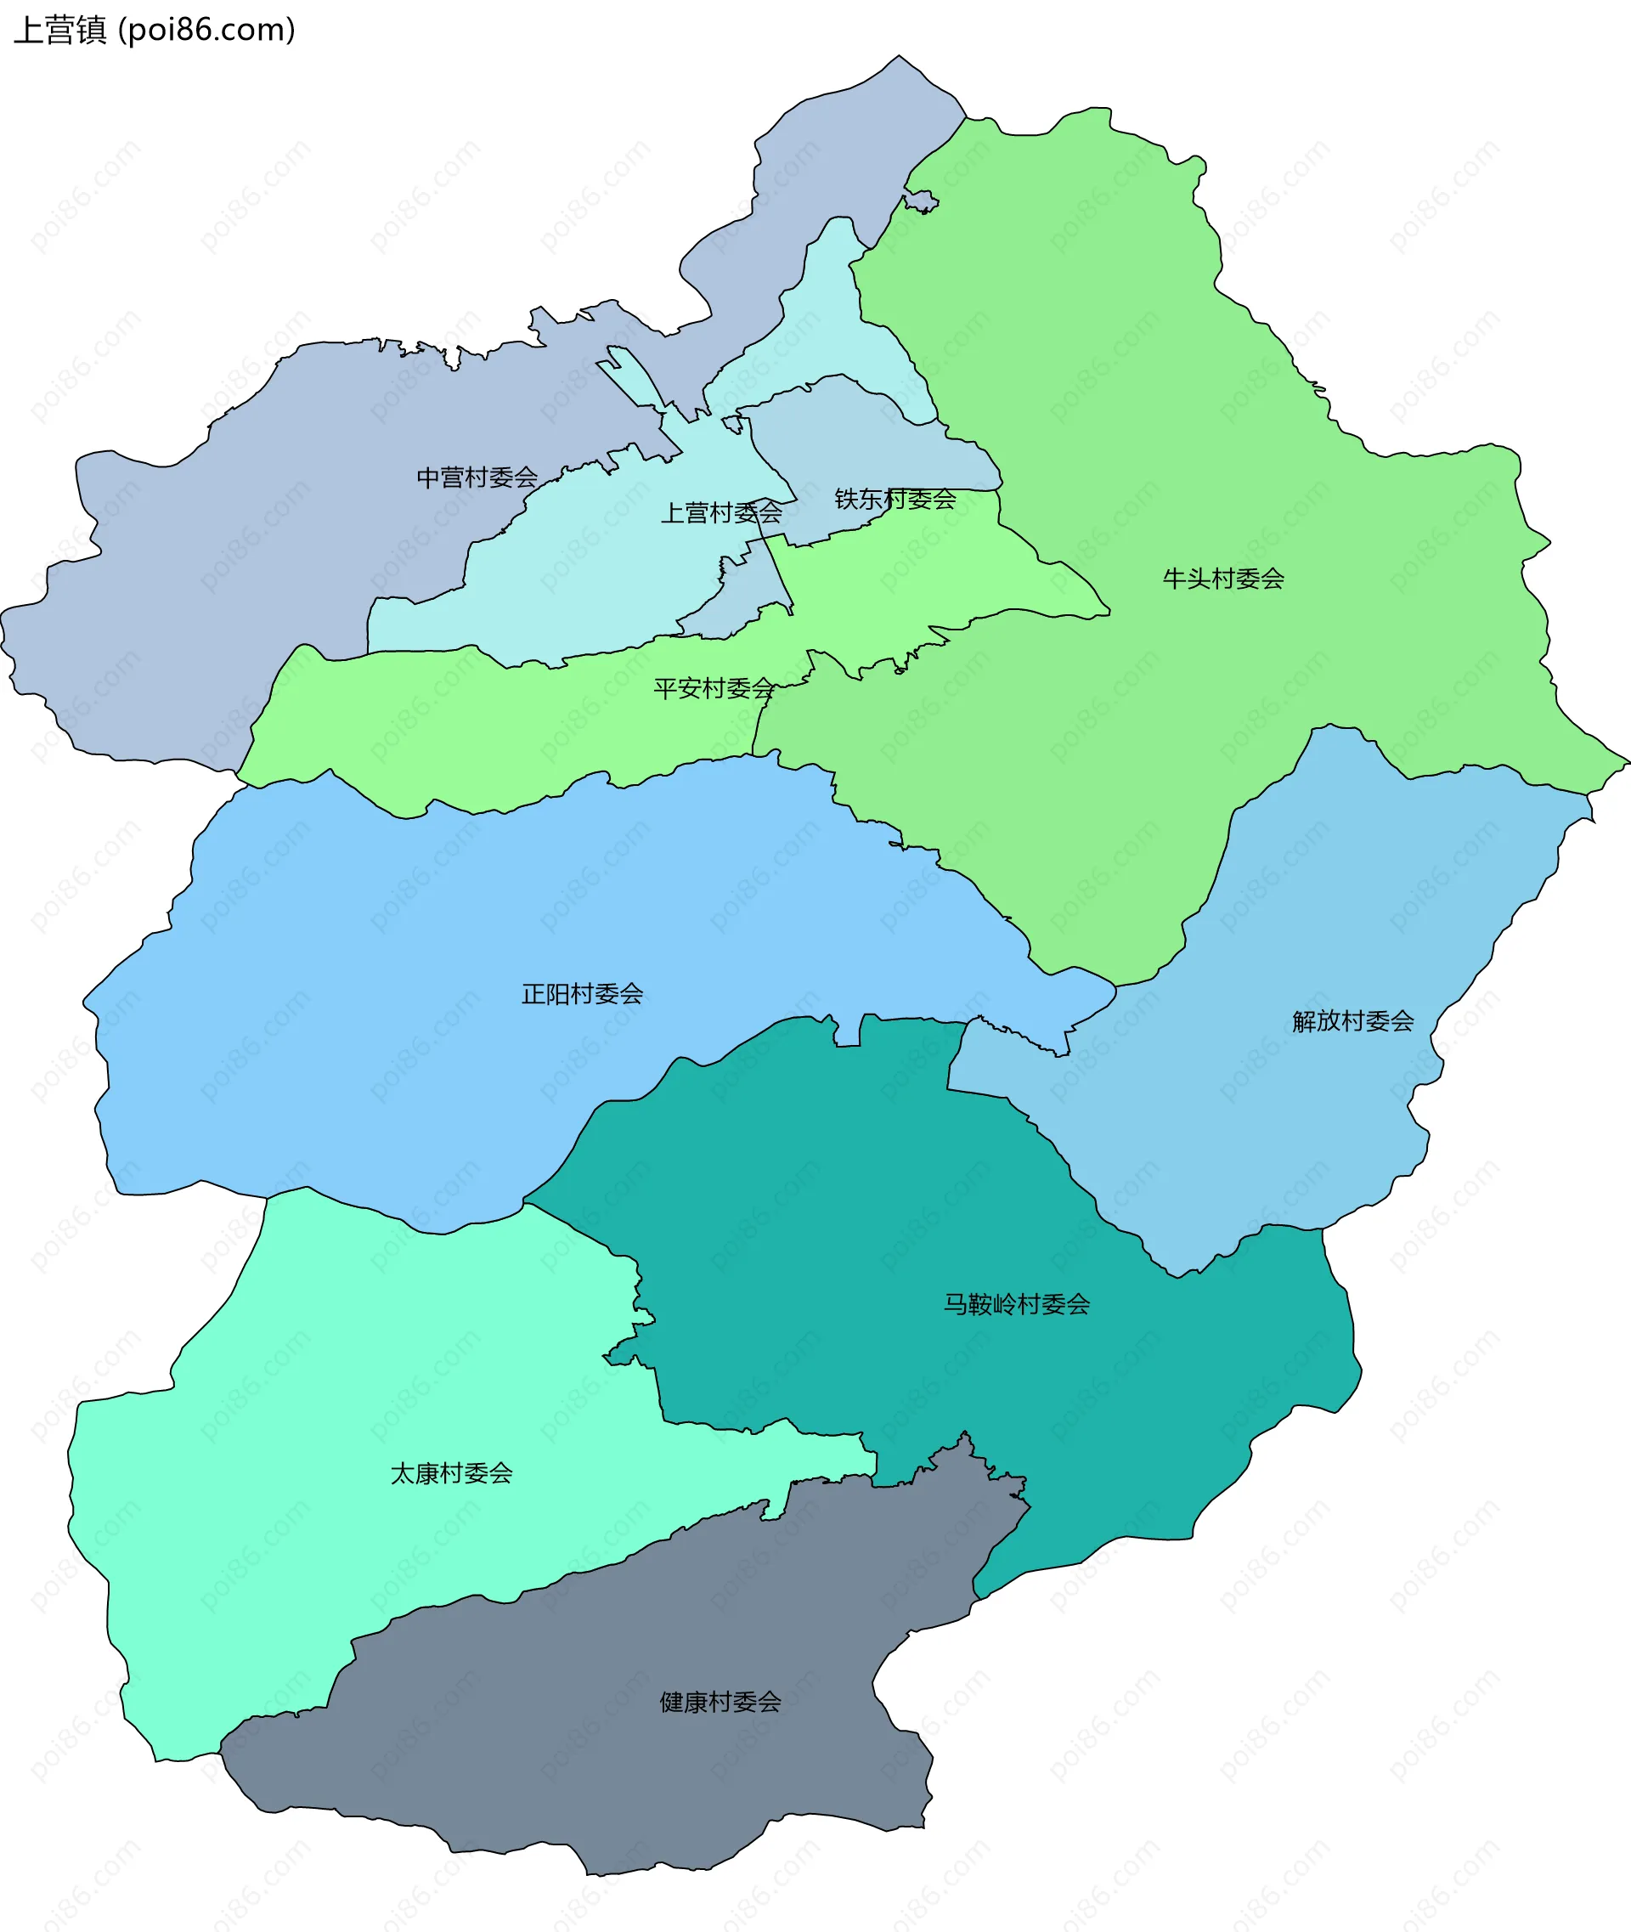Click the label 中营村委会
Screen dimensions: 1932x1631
click(x=477, y=477)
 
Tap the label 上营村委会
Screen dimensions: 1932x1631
click(x=720, y=512)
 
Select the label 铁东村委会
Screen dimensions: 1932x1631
click(x=895, y=499)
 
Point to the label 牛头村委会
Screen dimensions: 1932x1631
click(x=1222, y=578)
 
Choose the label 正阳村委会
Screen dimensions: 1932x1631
click(x=582, y=993)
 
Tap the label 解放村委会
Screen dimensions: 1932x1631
click(x=1352, y=1020)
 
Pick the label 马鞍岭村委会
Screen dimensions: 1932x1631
click(x=1016, y=1303)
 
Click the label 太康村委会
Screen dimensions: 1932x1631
click(x=451, y=1472)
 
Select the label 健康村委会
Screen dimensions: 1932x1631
click(x=720, y=1701)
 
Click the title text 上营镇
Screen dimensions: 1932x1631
click(x=60, y=30)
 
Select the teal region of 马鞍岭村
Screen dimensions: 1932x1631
click(x=924, y=1202)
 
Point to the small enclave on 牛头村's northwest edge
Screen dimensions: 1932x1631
click(x=920, y=201)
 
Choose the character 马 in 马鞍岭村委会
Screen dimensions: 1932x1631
click(x=955, y=1303)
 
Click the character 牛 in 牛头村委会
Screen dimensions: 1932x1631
click(x=1174, y=578)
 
